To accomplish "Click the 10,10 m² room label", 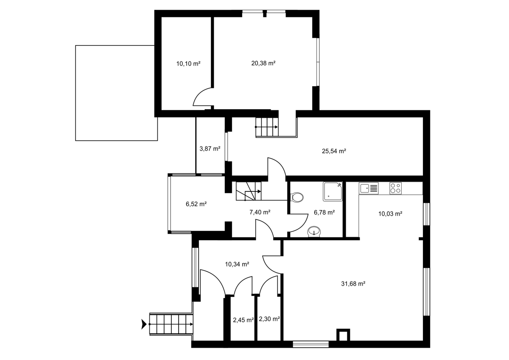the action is (x=188, y=64).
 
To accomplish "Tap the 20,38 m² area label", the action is (x=263, y=63).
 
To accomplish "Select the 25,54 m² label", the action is (x=334, y=151).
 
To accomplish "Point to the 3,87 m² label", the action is (x=210, y=149).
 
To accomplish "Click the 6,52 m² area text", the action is (x=196, y=204).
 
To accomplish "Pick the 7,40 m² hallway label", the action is (x=260, y=212).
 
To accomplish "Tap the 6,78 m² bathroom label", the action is (x=324, y=212).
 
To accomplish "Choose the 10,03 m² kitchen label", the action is (x=390, y=214).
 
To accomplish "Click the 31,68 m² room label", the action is (x=353, y=284).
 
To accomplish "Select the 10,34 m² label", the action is (x=237, y=264).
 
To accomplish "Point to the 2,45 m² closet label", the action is (x=243, y=320).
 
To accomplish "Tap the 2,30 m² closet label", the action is (x=269, y=319).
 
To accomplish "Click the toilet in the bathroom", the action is (x=297, y=197).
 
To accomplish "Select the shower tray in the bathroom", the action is (x=333, y=191).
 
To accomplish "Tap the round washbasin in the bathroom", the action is (x=314, y=232).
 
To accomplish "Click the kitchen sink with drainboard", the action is (x=369, y=188).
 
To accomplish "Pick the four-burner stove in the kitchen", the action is (x=395, y=188).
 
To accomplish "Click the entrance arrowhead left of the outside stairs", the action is (x=144, y=324).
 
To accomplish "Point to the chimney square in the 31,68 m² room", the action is (x=343, y=335).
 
